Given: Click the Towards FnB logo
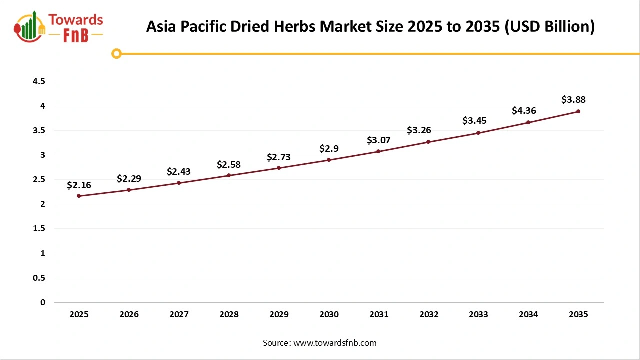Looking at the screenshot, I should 59,27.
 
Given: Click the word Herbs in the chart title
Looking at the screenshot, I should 295,26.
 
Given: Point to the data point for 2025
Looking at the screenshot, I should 79,196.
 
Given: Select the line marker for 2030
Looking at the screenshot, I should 329,160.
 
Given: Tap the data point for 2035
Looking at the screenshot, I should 578,111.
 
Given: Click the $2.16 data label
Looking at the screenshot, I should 79,185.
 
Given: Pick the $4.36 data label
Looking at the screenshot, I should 524,111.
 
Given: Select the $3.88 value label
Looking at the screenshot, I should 573,100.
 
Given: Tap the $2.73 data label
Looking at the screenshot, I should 278,157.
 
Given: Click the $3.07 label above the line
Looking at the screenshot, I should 378,140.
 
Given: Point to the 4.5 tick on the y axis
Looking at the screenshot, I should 39,81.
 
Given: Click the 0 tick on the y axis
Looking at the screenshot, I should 42,302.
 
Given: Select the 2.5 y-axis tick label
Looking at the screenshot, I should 39,179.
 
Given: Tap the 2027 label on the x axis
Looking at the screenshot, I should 179,314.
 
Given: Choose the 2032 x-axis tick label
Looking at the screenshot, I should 429,314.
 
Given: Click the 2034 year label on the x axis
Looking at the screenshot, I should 528,314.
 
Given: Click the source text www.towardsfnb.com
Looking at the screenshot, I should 335,343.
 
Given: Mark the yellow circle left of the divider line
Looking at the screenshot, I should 116,53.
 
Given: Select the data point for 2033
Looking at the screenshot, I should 478,133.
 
